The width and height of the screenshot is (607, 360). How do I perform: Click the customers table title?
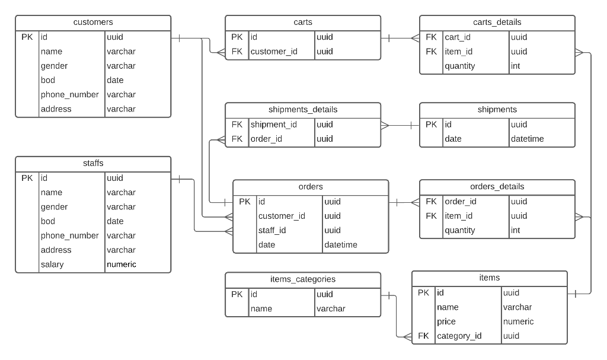93,23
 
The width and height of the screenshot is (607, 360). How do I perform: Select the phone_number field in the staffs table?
69,235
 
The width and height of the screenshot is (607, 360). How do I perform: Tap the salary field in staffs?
52,265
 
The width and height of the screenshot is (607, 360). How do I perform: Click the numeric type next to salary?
122,265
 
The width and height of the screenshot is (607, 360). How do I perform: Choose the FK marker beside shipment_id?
237,125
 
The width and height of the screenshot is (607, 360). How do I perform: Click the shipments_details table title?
303,110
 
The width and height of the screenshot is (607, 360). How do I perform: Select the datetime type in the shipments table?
527,139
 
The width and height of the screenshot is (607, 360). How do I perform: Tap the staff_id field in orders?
272,230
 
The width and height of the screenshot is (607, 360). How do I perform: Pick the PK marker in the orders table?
245,202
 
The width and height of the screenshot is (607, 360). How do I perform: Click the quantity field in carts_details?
460,66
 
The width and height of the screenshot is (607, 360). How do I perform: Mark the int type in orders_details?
516,230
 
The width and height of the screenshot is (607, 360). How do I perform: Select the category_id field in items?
459,336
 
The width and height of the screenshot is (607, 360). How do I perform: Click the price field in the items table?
446,321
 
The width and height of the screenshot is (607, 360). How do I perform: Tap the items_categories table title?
303,279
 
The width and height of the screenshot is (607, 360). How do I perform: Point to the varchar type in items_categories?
331,308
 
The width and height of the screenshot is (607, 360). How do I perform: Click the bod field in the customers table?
48,80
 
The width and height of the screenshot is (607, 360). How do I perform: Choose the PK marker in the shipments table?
432,125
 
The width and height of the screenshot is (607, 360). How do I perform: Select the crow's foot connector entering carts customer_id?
220,52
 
